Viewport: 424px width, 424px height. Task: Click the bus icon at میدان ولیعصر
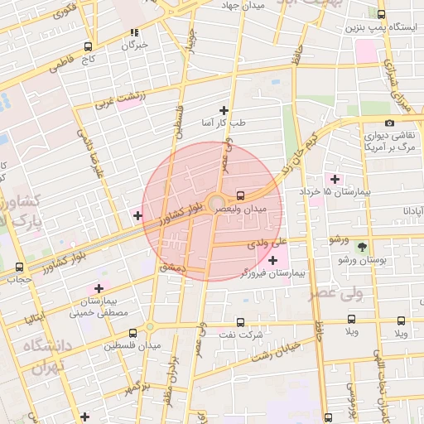[240, 196]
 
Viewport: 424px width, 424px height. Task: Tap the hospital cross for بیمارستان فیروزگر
[272, 260]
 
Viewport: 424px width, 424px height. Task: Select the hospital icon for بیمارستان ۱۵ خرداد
[335, 179]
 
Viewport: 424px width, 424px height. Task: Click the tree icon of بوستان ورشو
[361, 247]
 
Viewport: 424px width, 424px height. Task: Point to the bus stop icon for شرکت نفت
[240, 322]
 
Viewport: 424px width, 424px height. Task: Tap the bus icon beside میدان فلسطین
[147, 333]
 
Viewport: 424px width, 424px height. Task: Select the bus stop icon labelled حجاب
[19, 267]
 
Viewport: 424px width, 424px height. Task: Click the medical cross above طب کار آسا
[223, 110]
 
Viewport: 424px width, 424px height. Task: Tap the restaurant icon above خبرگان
[133, 33]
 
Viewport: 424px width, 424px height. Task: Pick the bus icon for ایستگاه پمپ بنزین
[380, 14]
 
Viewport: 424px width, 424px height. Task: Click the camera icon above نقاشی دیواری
[389, 123]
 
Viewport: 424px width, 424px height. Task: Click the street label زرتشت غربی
[113, 102]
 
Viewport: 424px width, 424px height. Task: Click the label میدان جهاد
[242, 6]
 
